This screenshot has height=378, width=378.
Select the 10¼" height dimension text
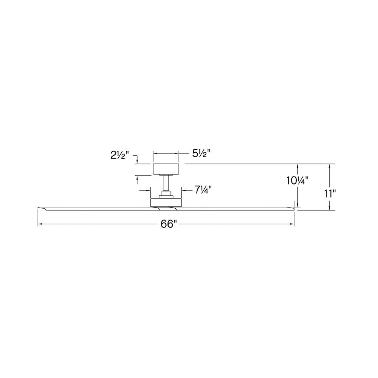(297, 181)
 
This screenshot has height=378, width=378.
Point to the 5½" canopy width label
(201, 153)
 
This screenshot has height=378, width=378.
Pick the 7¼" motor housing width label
(203, 190)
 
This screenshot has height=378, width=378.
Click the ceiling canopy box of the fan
(166, 169)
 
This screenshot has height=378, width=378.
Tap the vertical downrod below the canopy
(166, 183)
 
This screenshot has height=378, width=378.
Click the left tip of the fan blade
(38, 207)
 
